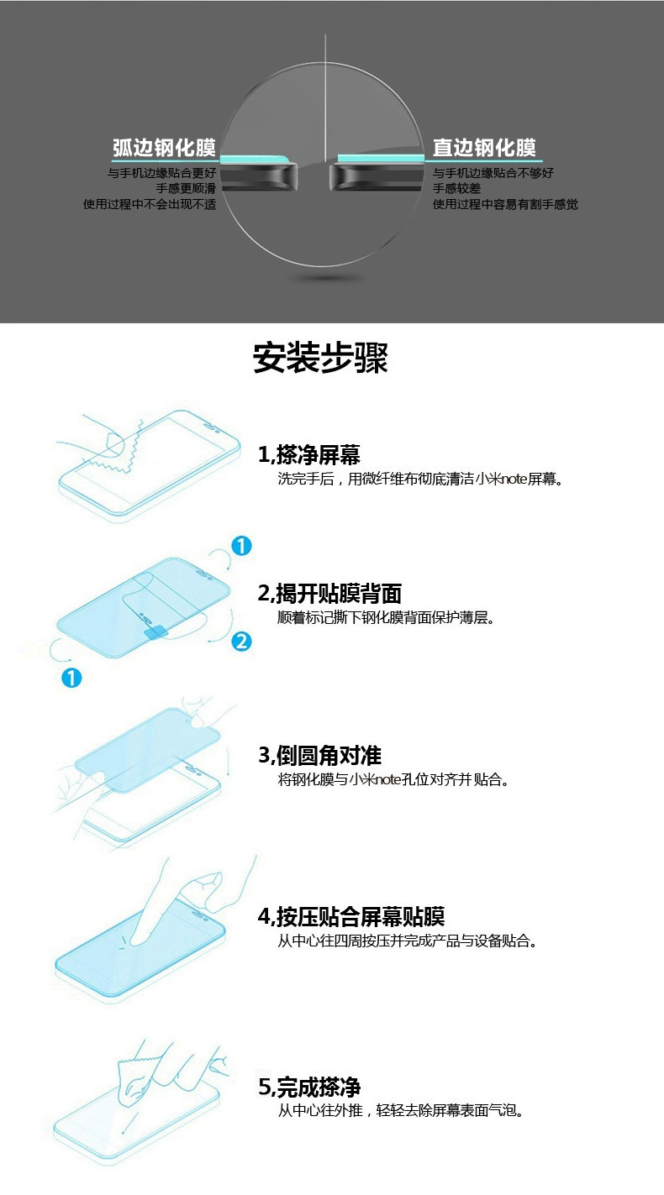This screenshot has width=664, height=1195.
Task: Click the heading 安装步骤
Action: (x=320, y=357)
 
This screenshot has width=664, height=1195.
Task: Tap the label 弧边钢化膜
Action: (x=164, y=148)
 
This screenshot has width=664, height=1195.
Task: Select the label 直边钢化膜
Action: (x=484, y=148)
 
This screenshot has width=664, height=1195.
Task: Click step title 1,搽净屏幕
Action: (x=309, y=455)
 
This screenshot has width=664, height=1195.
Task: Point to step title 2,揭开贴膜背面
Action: (x=329, y=593)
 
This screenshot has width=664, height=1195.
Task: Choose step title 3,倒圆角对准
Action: (x=319, y=756)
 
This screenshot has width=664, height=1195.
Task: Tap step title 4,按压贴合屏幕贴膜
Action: (x=351, y=916)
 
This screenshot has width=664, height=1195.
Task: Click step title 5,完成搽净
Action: (x=309, y=1088)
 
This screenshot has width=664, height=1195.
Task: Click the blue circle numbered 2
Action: (x=241, y=642)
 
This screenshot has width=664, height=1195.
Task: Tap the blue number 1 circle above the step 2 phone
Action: (x=241, y=546)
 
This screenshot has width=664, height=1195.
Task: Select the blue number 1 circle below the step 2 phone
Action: (x=71, y=678)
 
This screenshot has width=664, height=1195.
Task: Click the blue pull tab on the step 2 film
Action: (x=155, y=632)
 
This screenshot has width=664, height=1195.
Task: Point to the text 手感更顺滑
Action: (x=186, y=188)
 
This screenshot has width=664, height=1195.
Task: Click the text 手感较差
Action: (x=457, y=188)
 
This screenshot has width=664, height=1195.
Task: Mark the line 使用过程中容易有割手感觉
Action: (x=505, y=204)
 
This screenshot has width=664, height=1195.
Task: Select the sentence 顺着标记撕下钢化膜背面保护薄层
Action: (x=386, y=618)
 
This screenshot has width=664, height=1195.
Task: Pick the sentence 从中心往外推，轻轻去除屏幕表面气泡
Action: (x=400, y=1111)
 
